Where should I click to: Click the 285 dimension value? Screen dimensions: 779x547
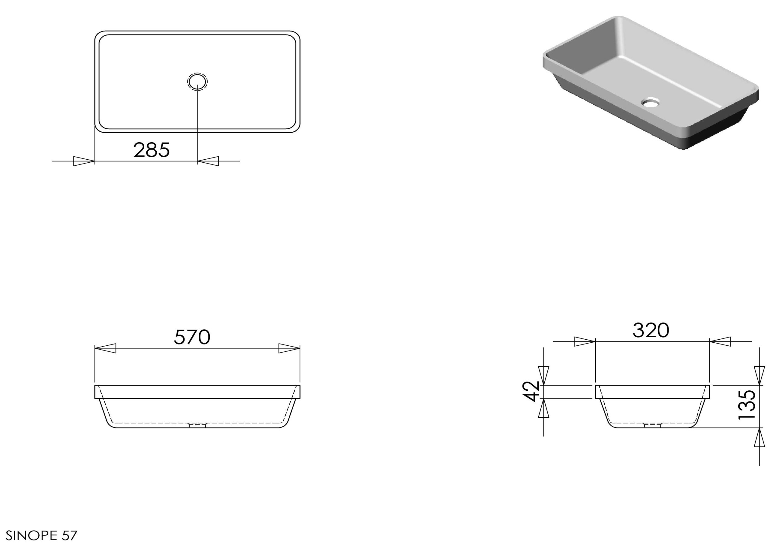pyautogui.click(x=151, y=150)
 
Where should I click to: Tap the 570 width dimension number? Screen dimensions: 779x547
pyautogui.click(x=192, y=337)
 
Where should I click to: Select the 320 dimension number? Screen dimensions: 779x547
pyautogui.click(x=651, y=330)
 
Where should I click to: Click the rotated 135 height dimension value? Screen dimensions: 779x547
pyautogui.click(x=747, y=405)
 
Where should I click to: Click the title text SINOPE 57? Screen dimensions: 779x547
pyautogui.click(x=42, y=536)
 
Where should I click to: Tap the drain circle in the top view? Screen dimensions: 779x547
pyautogui.click(x=197, y=81)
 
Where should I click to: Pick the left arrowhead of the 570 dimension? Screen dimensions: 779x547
pyautogui.click(x=106, y=348)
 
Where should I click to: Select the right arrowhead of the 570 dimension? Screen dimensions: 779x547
pyautogui.click(x=289, y=348)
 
